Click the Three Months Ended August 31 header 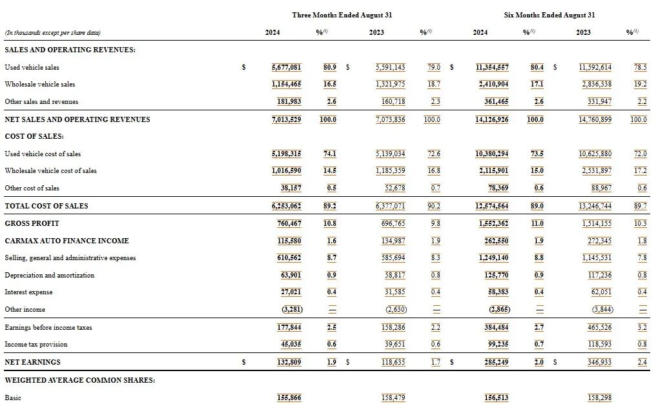tap(342, 15)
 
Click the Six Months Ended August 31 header tap(549, 15)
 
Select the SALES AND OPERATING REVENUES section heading tap(70, 50)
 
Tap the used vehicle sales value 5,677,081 tap(286, 67)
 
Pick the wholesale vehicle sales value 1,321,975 tap(390, 84)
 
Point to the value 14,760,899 tap(594, 119)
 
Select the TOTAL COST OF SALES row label tap(46, 206)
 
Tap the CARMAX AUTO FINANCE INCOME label tap(67, 241)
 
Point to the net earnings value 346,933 tap(597, 362)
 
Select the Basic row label tap(13, 398)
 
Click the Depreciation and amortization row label tap(50, 275)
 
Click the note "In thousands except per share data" tap(52, 32)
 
